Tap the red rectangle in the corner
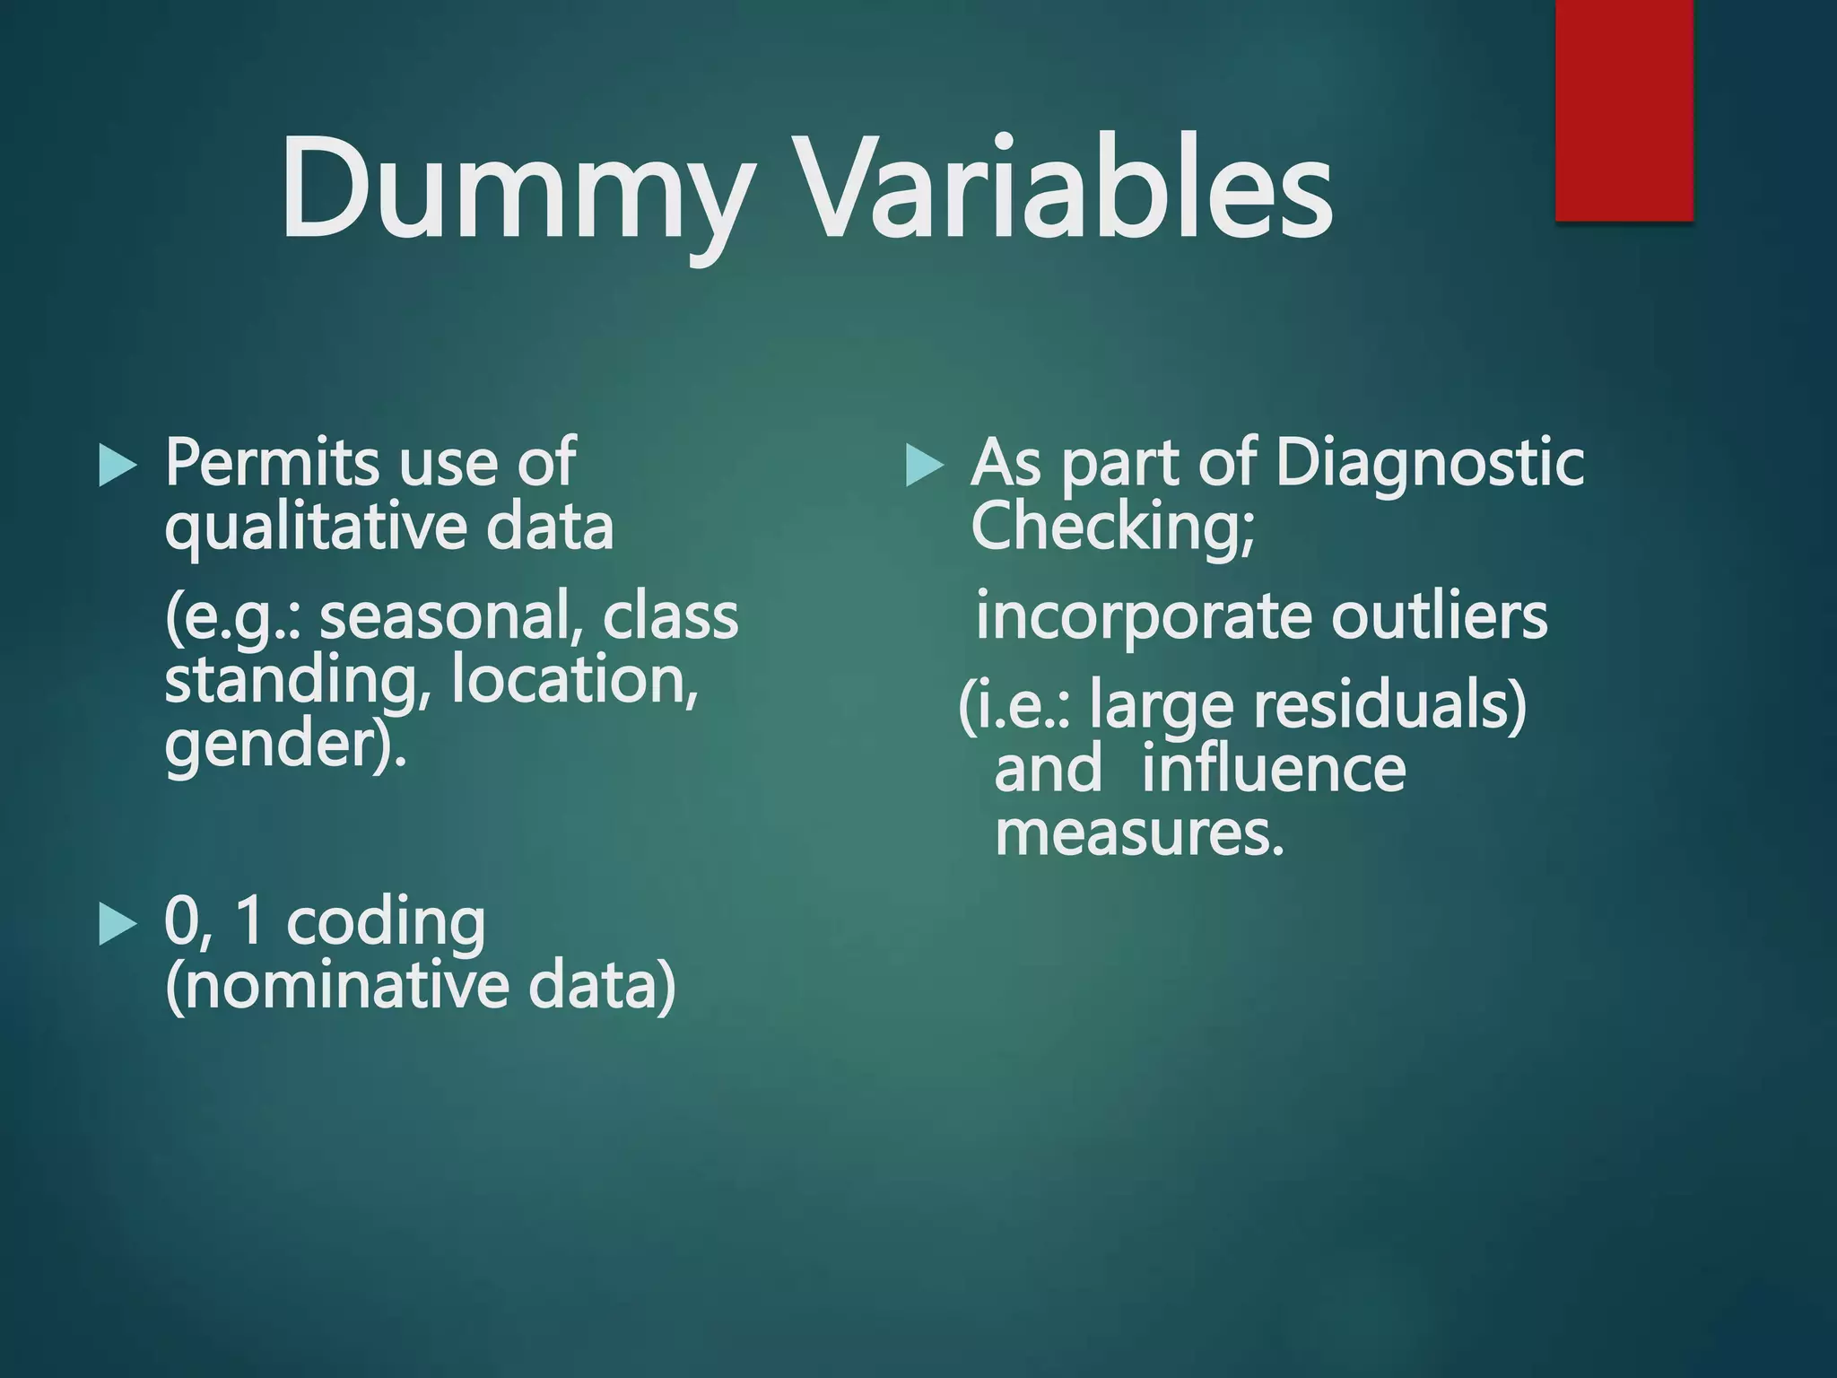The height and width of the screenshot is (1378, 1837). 1624,109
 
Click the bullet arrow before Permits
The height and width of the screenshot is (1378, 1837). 118,466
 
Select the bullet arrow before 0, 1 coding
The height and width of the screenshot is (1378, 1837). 118,924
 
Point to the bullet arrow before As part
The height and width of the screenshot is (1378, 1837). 925,466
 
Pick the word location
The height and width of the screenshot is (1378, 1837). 574,680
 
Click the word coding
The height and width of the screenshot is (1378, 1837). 386,924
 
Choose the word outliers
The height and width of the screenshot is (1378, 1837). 1439,616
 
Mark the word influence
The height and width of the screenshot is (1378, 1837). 1274,771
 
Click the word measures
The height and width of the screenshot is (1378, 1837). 1139,835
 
